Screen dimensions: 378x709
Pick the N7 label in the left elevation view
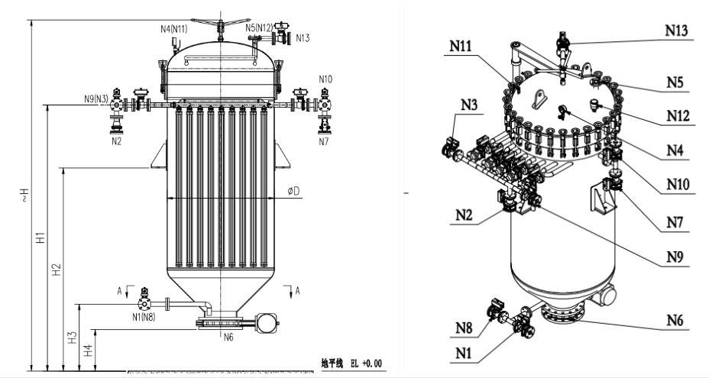tap(325, 141)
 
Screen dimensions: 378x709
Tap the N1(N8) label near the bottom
tap(144, 317)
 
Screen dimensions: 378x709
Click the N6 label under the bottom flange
tap(227, 336)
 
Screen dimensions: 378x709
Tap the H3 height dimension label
tap(73, 337)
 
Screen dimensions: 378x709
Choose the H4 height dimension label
tap(88, 350)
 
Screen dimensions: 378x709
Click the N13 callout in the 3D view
tap(677, 31)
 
